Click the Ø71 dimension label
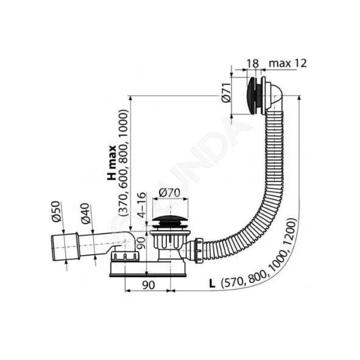click(x=226, y=93)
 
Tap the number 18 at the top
click(x=253, y=63)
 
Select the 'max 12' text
click(x=288, y=63)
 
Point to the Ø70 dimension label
click(x=169, y=192)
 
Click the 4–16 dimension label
click(x=142, y=205)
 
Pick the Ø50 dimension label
click(x=56, y=211)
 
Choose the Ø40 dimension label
click(x=85, y=213)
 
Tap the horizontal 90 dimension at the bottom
click(x=149, y=285)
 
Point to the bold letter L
click(x=212, y=284)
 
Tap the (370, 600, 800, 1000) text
click(x=123, y=163)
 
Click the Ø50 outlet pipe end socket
click(x=65, y=247)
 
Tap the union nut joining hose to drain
click(x=199, y=250)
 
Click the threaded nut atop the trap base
click(x=125, y=256)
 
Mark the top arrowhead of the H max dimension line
click(x=130, y=98)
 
